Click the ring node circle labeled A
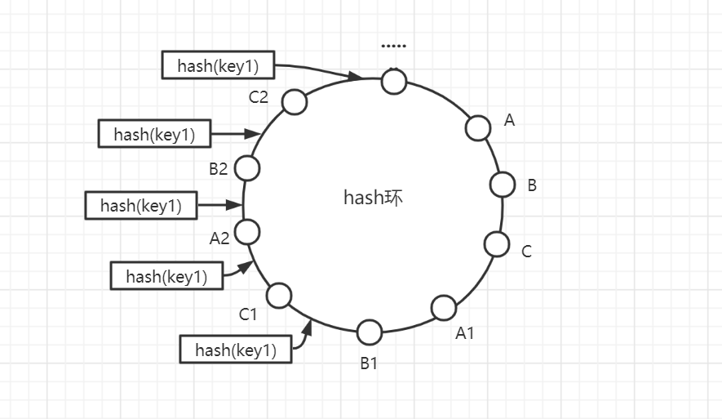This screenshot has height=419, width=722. tap(478, 127)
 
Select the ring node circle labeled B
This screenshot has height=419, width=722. tap(503, 185)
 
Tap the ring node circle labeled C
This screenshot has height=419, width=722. tap(497, 243)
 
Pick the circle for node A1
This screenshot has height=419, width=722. tap(444, 308)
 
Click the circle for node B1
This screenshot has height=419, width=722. tap(370, 332)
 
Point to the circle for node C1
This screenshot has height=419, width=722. tap(279, 295)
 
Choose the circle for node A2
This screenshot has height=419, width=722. tap(248, 232)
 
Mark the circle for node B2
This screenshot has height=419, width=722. tap(248, 168)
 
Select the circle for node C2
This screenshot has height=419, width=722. tap(294, 101)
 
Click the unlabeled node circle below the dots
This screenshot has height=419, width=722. tap(394, 81)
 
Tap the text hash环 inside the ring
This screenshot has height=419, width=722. tap(373, 198)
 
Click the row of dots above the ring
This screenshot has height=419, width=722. tap(393, 47)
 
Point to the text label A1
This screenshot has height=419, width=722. tap(465, 333)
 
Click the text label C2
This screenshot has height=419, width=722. tap(259, 97)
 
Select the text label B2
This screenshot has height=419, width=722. tap(218, 169)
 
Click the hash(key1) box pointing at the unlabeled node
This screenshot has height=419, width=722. tap(218, 65)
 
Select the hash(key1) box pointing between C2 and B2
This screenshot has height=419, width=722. tap(154, 134)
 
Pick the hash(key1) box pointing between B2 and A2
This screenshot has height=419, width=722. tap(141, 205)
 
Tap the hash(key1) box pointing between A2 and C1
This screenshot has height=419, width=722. tap(166, 276)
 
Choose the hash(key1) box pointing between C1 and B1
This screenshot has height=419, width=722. tap(236, 350)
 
